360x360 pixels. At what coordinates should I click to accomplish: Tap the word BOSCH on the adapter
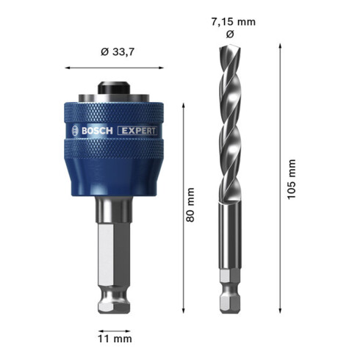tap(94, 132)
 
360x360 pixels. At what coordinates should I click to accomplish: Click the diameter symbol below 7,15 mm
tap(231, 35)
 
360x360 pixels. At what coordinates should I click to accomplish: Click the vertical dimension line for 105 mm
tap(280, 176)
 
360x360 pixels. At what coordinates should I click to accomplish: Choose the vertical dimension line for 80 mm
tap(181, 206)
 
